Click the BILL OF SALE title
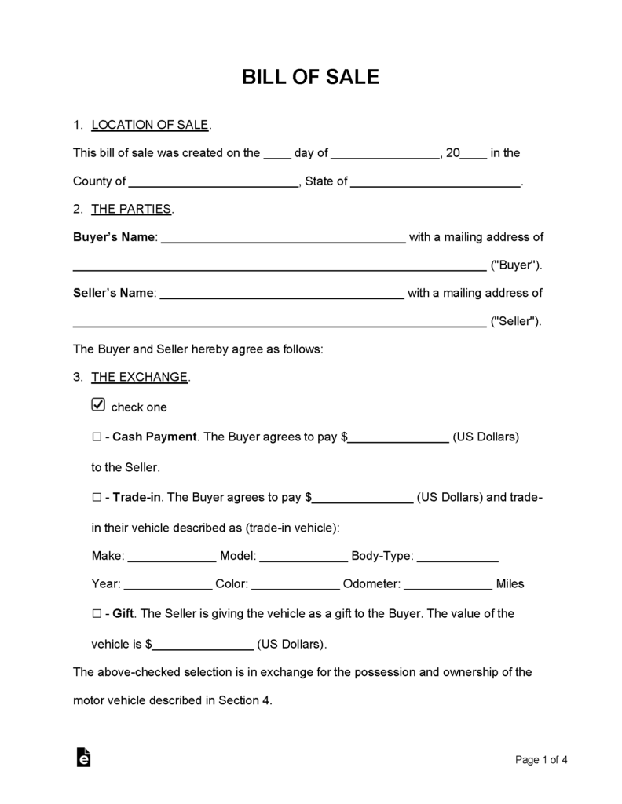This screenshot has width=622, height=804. (x=310, y=77)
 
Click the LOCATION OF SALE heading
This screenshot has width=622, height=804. (x=150, y=125)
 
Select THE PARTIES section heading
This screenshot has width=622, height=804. (x=131, y=209)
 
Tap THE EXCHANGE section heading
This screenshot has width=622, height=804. (x=140, y=377)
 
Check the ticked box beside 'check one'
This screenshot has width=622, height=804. (x=98, y=405)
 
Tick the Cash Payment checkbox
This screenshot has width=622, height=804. (x=97, y=437)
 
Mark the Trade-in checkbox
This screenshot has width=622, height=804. (x=97, y=497)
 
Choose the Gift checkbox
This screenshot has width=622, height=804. (x=97, y=613)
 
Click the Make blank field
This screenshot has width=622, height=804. (x=171, y=557)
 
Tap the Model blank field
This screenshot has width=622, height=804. (x=303, y=557)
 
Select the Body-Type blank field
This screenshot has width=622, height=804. (x=457, y=557)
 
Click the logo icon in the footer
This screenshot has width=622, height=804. (x=83, y=757)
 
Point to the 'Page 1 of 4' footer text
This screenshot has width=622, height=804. (x=541, y=759)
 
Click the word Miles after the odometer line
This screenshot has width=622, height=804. (x=510, y=584)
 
